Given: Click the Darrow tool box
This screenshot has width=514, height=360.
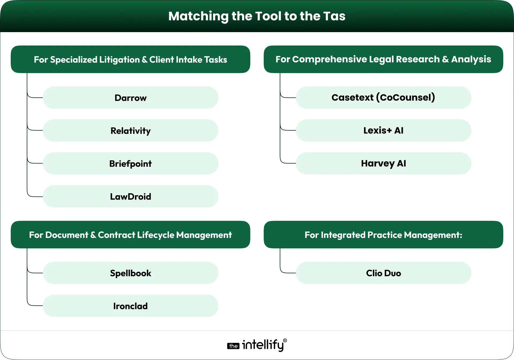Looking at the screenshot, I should [131, 98].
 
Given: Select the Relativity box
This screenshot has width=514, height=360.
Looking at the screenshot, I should [131, 131].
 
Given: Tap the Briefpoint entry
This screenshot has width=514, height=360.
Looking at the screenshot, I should [131, 164].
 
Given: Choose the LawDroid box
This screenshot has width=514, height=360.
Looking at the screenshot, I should [131, 196].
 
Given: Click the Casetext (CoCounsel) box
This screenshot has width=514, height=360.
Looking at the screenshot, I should [383, 97].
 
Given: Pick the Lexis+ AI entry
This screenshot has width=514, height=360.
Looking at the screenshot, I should [383, 130].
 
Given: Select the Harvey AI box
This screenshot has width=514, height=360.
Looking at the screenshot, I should [383, 163].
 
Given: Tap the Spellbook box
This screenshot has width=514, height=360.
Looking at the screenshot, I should [131, 273].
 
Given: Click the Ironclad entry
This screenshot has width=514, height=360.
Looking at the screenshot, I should [131, 306].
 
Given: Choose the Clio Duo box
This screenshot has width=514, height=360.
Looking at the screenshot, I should [383, 273].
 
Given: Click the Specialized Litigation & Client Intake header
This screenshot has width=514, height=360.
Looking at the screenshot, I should [130, 59].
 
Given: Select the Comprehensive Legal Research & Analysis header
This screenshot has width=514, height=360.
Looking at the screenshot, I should [383, 59].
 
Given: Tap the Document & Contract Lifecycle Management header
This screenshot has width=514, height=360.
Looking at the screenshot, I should [130, 235].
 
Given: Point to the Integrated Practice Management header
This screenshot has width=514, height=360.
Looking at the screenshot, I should [383, 235].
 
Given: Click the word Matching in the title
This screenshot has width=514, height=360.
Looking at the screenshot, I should [198, 16].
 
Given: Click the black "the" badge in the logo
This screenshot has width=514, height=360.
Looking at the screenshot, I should [233, 346].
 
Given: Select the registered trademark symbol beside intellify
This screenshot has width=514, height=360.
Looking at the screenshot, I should [285, 340].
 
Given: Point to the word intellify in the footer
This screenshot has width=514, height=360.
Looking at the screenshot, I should [263, 345].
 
